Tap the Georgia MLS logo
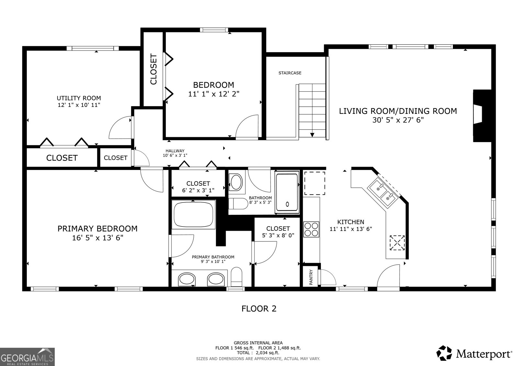[27, 356]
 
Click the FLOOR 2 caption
[259, 308]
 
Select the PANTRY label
[311, 277]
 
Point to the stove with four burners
[311, 229]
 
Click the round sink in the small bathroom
[236, 183]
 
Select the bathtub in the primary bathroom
[194, 215]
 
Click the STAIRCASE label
[290, 73]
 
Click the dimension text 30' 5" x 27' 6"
[398, 120]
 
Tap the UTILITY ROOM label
[79, 98]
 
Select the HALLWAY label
[175, 151]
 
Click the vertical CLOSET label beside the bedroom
[153, 69]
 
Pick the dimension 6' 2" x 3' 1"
[198, 191]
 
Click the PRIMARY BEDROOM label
[97, 228]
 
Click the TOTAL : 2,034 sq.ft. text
[258, 353]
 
